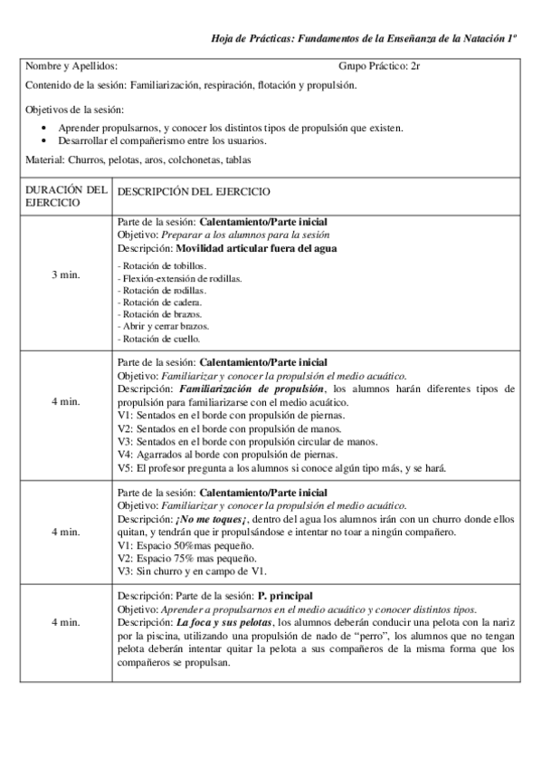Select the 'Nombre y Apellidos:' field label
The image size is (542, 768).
[x=71, y=66]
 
